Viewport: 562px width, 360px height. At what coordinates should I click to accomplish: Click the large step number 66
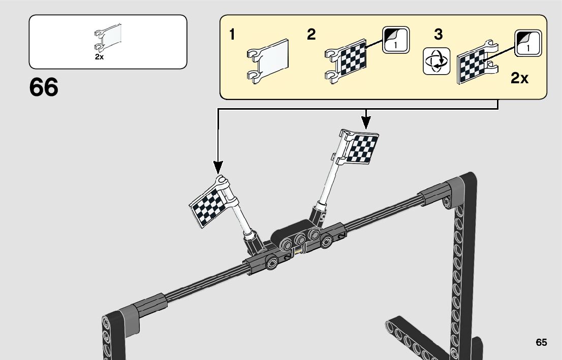pos(44,87)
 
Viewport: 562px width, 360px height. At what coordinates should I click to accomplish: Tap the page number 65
pos(541,342)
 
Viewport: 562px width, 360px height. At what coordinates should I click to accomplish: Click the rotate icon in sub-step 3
pos(436,62)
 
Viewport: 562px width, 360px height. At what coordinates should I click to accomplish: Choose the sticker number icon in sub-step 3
pos(528,43)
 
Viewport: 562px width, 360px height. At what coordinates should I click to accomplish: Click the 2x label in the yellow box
pos(520,78)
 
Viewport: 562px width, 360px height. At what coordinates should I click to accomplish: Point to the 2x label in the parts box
pos(99,57)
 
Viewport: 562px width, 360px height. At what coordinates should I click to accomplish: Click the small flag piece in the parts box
pos(108,38)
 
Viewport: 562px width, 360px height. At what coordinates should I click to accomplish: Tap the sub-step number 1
pos(232,35)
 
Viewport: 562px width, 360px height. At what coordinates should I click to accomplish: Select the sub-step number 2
pos(311,35)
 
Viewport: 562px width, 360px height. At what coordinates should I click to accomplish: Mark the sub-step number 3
pos(438,35)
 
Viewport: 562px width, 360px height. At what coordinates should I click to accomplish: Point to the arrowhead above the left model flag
pos(218,167)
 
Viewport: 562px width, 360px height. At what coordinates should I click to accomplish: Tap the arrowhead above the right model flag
pos(365,121)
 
